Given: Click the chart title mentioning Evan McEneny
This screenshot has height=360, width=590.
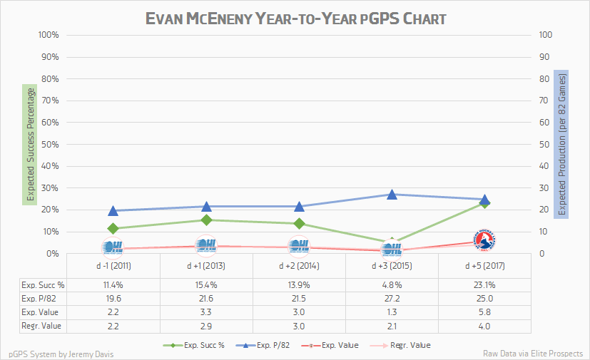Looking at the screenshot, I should tap(295, 17).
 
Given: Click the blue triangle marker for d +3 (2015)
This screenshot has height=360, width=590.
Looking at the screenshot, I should tap(392, 194).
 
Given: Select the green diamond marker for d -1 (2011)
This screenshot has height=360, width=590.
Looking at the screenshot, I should tap(113, 229).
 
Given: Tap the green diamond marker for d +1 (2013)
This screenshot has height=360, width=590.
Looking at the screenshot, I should tap(206, 220).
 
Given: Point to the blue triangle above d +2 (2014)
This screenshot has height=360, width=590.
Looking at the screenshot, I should tap(299, 206).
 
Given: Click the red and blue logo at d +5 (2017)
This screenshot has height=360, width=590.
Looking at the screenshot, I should tap(484, 240).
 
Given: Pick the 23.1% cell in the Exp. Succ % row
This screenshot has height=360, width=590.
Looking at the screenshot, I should tap(484, 284).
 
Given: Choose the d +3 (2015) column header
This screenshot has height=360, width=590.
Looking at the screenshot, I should tap(392, 266).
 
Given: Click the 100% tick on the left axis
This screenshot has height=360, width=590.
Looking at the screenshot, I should tap(46, 35).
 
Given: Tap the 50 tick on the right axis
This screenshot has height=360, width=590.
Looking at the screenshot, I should tap(545, 145).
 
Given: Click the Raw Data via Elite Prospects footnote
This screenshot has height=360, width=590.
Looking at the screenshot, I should tap(532, 353).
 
